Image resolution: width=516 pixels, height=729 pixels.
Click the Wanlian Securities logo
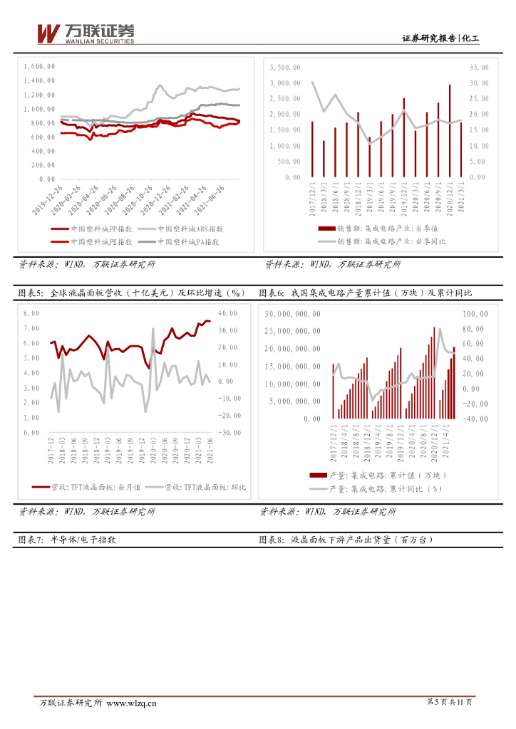point(85,33)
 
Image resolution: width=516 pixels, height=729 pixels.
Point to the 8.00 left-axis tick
point(31,314)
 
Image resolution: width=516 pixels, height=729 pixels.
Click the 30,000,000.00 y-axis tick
point(292,314)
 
